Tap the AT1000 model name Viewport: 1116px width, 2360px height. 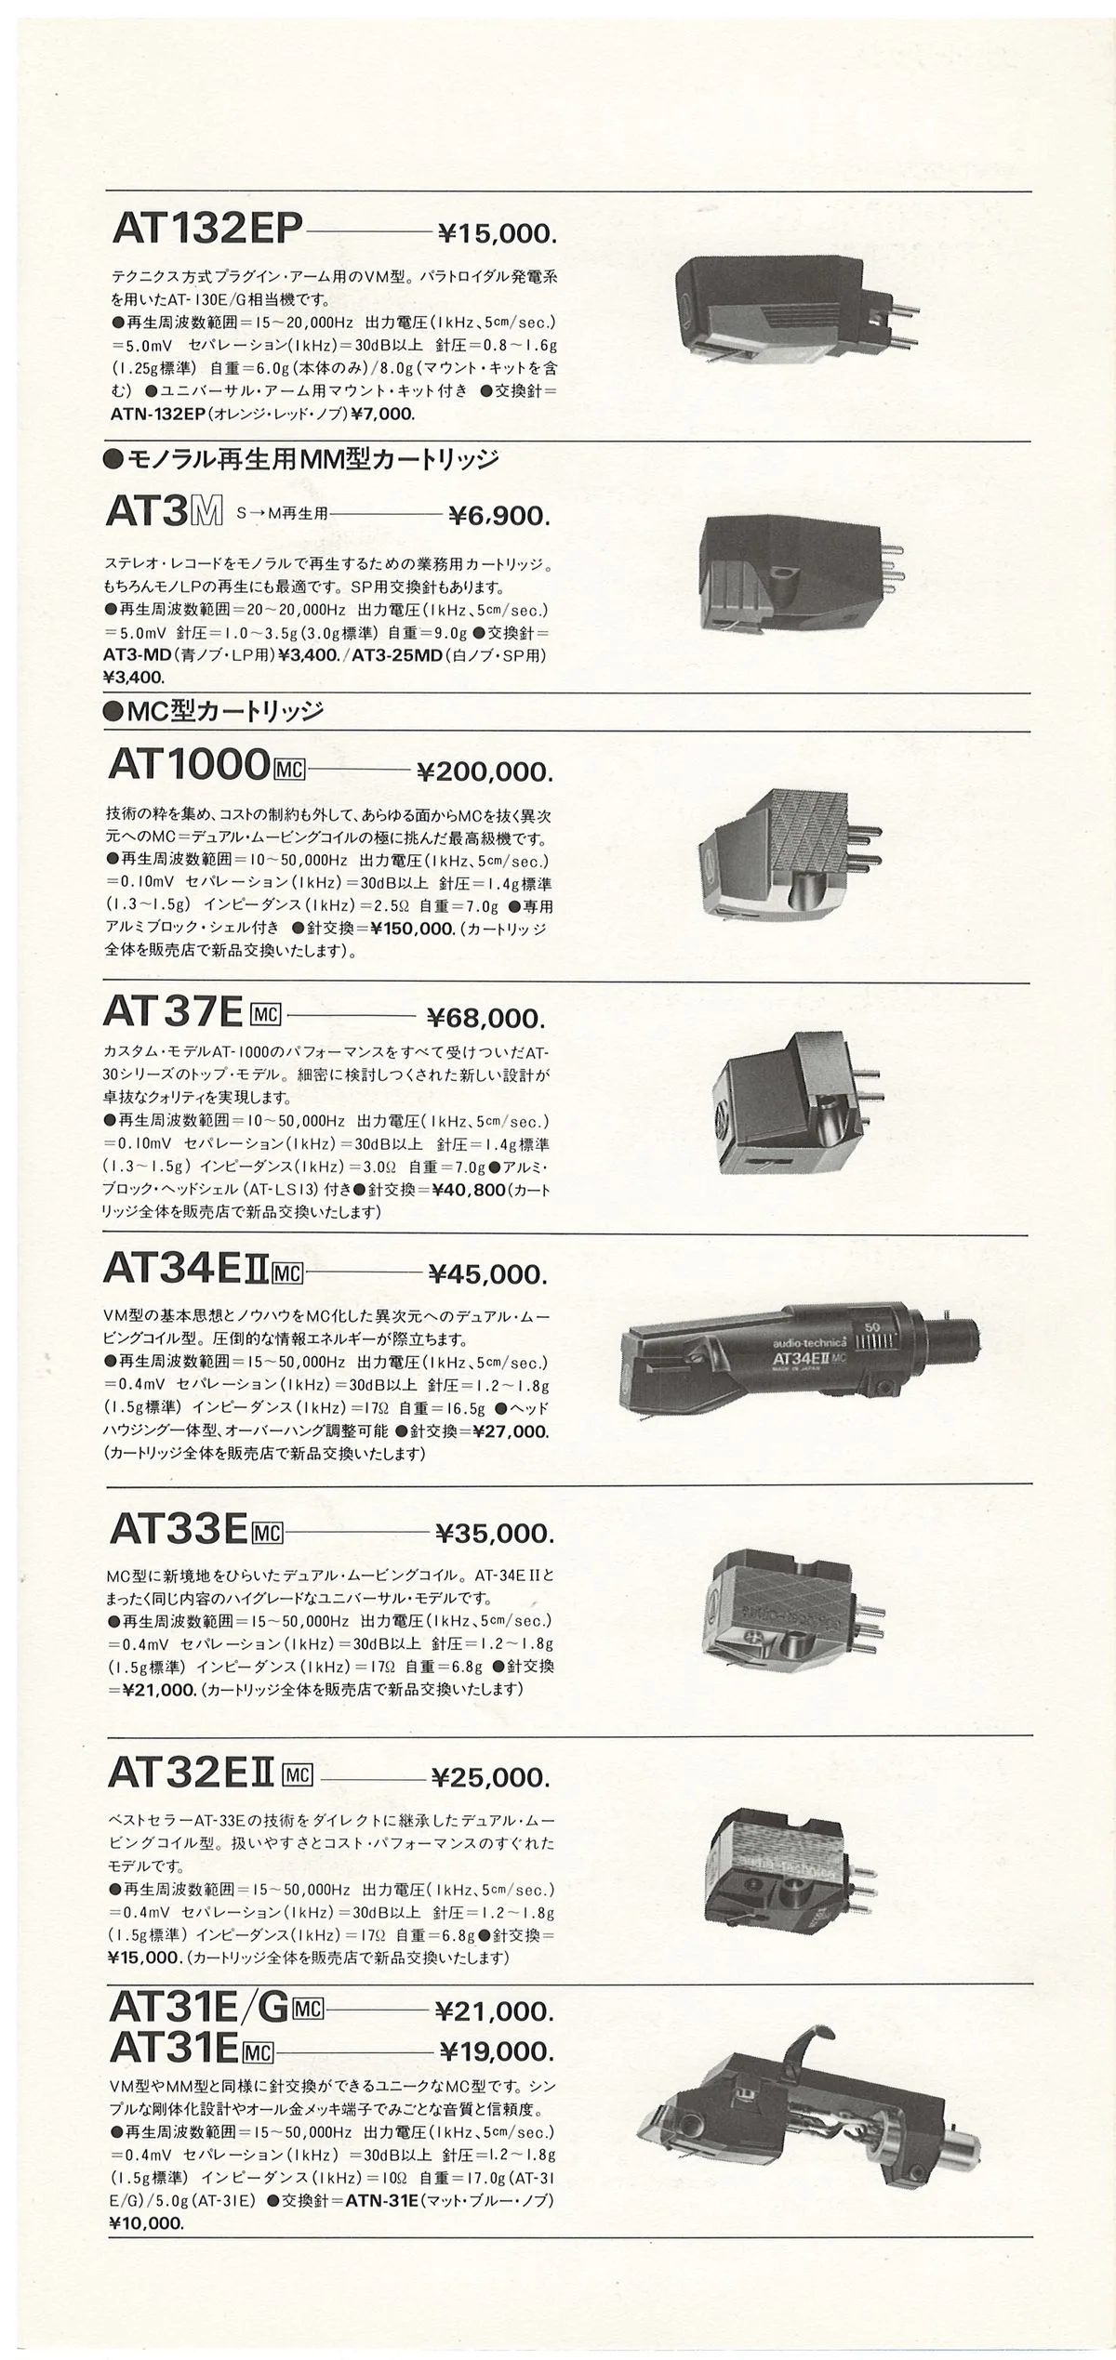point(189,765)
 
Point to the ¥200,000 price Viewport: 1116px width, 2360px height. point(485,771)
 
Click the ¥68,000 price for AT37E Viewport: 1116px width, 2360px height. point(485,1018)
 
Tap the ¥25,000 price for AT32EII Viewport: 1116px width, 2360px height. point(490,1778)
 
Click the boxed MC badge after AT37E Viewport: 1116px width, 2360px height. point(266,1013)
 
